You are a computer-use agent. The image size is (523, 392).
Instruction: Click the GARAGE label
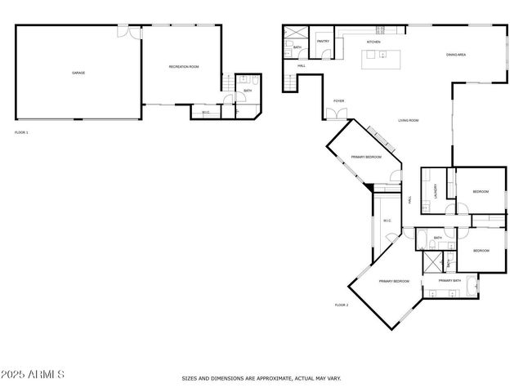coord(78,73)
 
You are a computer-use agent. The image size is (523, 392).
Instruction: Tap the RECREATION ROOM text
coord(183,66)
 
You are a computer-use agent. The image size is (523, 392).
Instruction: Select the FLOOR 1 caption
coord(21,131)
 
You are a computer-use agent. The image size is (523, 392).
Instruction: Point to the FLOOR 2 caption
coord(342,305)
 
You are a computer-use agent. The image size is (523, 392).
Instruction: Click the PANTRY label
coord(323,40)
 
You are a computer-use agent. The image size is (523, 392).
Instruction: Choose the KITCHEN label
coord(373,42)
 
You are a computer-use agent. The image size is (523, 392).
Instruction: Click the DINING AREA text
coord(455,55)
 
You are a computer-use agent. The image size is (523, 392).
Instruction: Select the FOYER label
coord(338,101)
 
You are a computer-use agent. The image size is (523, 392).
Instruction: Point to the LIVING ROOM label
coord(409,121)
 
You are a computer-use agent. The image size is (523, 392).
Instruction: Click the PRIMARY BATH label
coord(449,281)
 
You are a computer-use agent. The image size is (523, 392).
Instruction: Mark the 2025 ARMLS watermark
coord(33,374)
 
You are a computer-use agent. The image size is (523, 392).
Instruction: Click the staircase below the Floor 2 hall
coord(290,82)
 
